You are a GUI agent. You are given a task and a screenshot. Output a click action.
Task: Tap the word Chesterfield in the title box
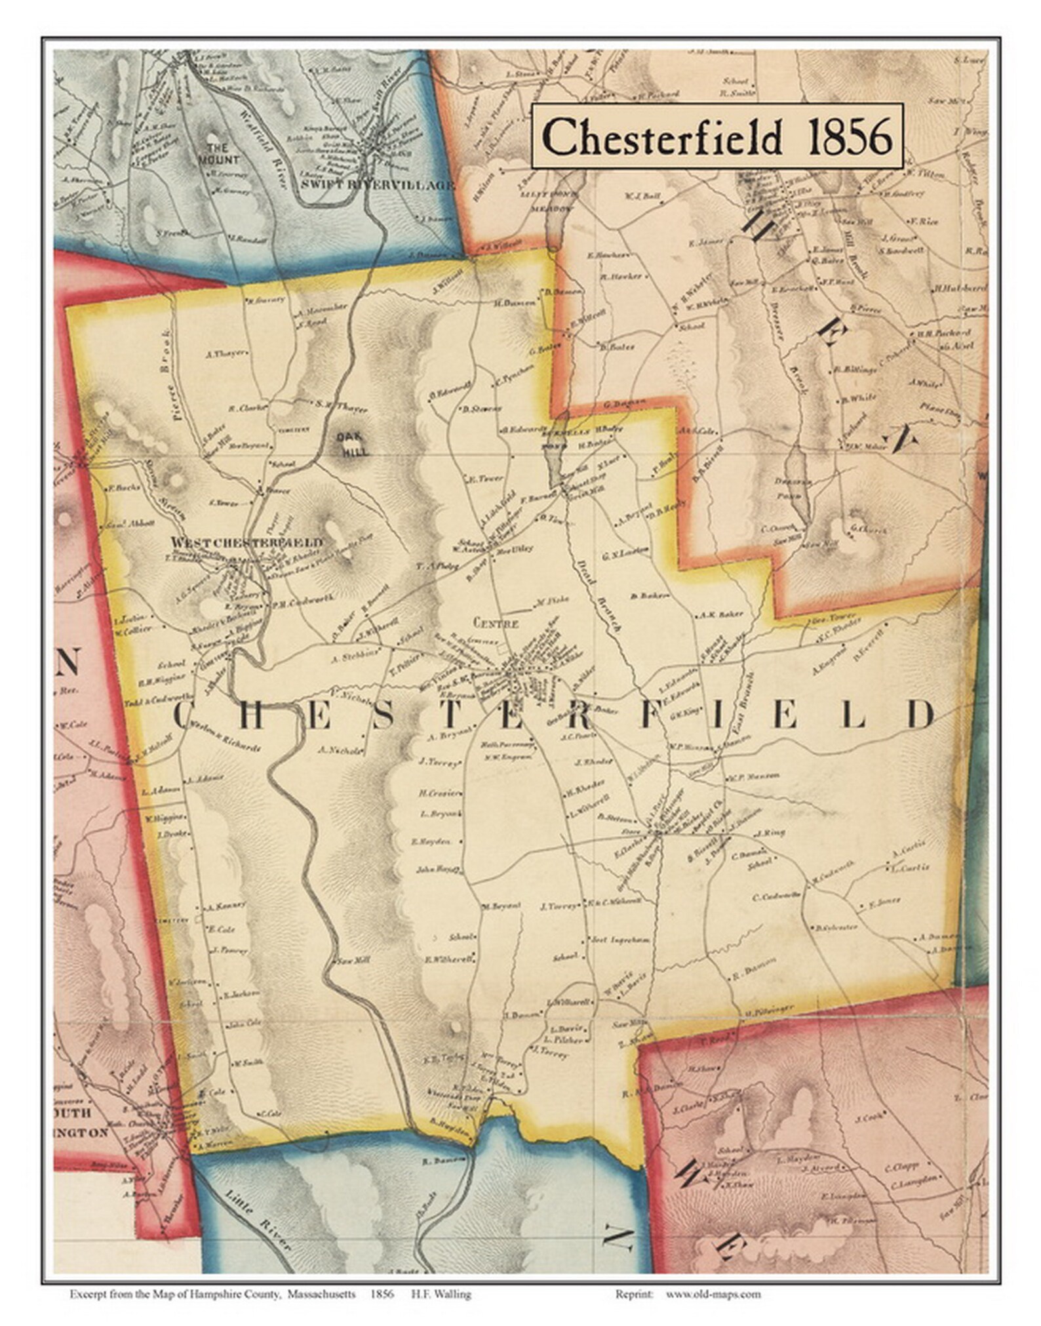[662, 137]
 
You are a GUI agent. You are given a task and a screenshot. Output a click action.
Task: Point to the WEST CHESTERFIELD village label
[246, 542]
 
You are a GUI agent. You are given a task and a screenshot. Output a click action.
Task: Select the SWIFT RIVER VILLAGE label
[376, 186]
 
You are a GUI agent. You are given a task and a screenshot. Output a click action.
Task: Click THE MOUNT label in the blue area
[220, 153]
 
